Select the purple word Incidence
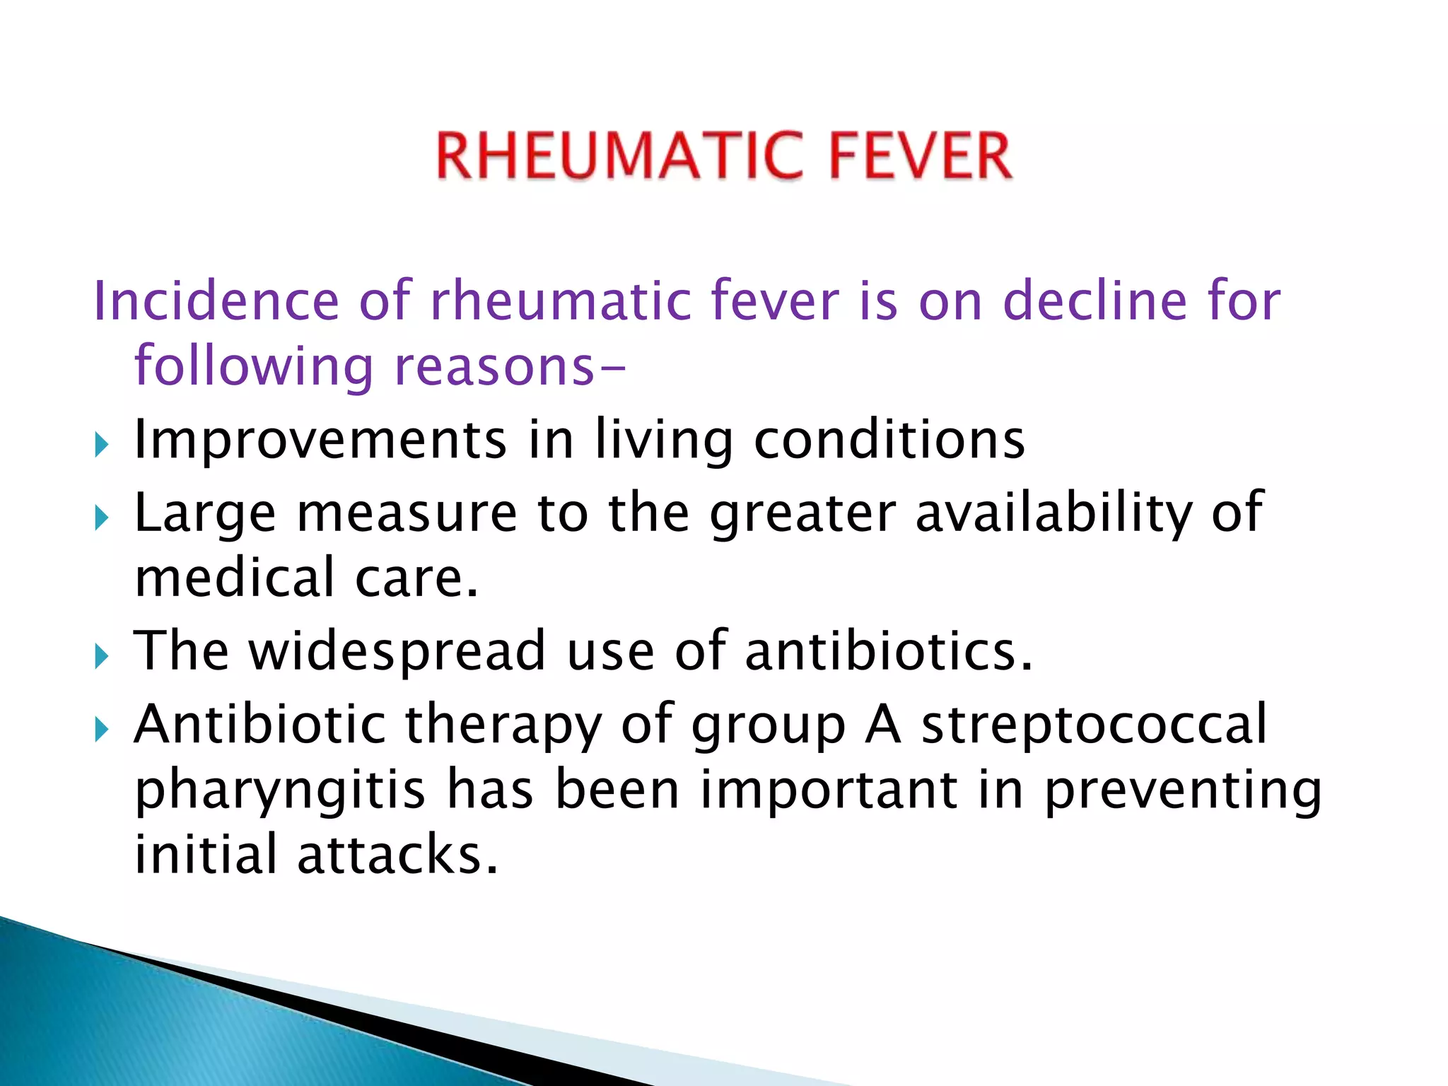click(216, 301)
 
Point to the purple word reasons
click(495, 368)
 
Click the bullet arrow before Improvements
click(102, 445)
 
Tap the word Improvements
click(320, 440)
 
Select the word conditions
click(889, 440)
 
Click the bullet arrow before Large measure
click(102, 518)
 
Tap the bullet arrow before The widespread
click(102, 657)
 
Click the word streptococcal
click(1094, 725)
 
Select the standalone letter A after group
click(883, 724)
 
